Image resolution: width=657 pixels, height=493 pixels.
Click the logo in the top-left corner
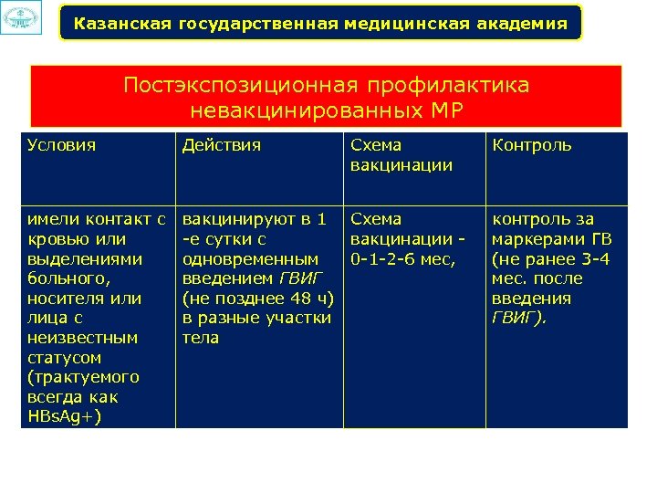21,18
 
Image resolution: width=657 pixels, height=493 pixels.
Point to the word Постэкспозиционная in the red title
241,86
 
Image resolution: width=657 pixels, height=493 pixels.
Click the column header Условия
62,145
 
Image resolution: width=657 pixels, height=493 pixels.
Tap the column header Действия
222,145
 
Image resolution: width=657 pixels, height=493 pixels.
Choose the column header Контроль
532,145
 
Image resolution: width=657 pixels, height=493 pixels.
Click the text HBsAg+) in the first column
65,417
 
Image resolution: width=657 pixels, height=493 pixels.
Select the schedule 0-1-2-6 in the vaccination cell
389,258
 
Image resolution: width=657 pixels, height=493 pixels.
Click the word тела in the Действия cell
201,338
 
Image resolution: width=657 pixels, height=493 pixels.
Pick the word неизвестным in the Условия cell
82,338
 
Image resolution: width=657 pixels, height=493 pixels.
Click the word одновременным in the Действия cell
251,258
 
